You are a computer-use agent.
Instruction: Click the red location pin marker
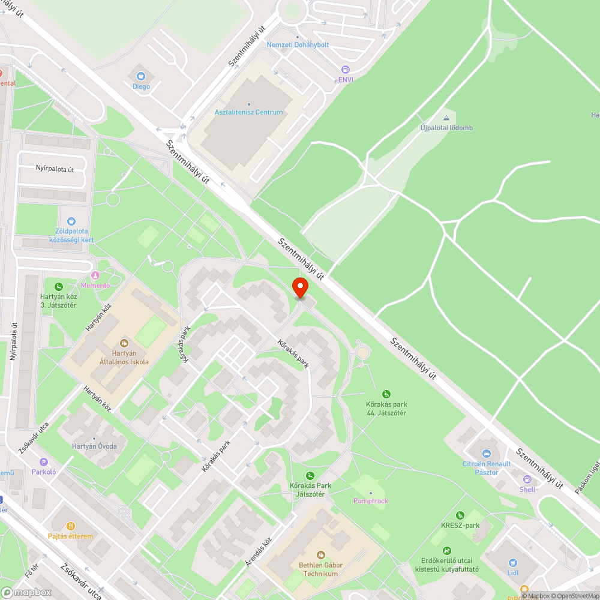(x=300, y=287)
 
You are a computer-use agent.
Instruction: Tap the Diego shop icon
(x=141, y=76)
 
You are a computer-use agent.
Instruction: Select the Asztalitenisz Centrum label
(x=248, y=112)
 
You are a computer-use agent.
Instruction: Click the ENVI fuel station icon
(x=345, y=70)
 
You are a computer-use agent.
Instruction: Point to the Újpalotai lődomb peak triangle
(x=446, y=118)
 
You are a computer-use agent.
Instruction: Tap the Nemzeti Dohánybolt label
(x=298, y=45)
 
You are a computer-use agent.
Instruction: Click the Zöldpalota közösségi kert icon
(x=71, y=222)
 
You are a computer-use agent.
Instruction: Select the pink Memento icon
(x=95, y=275)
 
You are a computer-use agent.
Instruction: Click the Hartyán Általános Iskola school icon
(x=124, y=343)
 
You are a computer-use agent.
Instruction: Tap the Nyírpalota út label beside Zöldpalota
(x=54, y=169)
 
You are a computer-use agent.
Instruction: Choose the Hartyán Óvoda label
(x=94, y=446)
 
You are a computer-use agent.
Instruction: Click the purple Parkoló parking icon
(x=43, y=462)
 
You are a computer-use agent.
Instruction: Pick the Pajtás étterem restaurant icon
(x=71, y=526)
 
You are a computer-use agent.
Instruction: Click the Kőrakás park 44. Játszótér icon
(x=386, y=394)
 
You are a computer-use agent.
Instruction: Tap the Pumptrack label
(x=370, y=500)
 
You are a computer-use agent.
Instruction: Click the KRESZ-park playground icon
(x=460, y=515)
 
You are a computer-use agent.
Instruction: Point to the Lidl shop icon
(x=512, y=562)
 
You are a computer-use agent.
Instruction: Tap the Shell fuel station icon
(x=527, y=479)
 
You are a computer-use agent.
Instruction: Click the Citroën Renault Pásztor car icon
(x=486, y=454)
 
